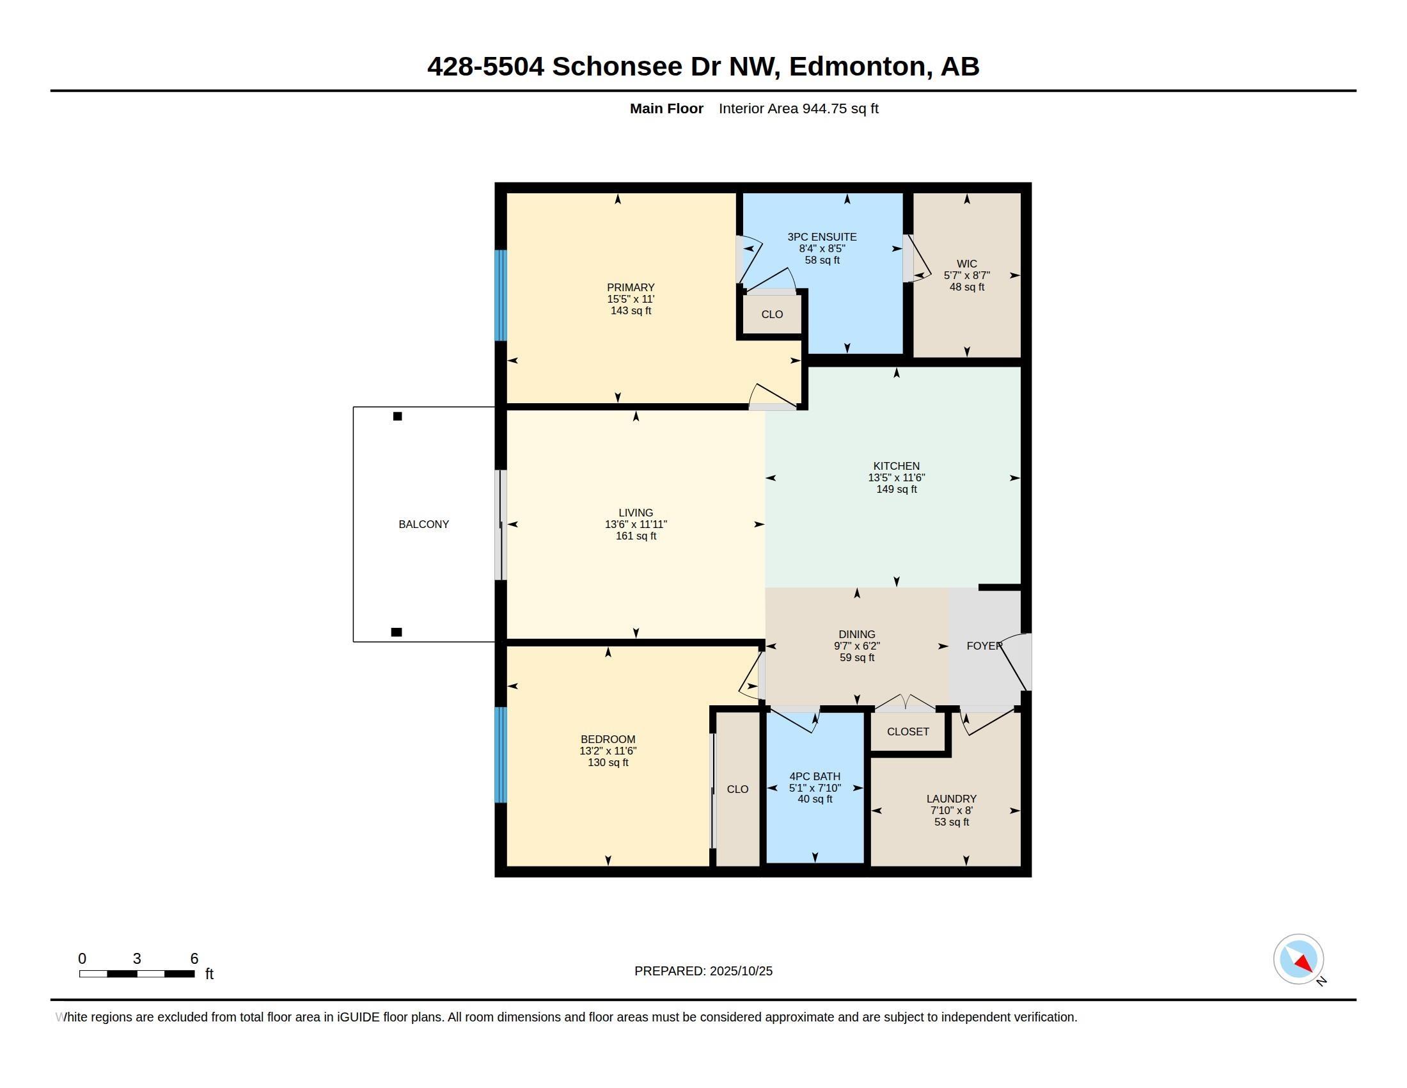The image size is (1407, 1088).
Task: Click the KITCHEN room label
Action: pos(896,466)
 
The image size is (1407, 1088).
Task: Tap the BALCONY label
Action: pos(423,524)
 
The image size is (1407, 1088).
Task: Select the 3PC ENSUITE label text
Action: pos(822,237)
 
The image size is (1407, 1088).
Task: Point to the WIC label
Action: pos(966,264)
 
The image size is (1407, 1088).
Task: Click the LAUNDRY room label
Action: pos(952,799)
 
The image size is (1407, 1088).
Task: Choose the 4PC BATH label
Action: pos(815,776)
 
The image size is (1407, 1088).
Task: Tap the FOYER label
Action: pos(984,645)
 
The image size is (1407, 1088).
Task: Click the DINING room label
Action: pos(857,634)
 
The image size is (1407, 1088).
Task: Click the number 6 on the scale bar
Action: pos(194,959)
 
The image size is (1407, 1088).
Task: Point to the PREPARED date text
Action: pos(703,971)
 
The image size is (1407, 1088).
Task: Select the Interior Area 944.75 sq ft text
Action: pos(798,108)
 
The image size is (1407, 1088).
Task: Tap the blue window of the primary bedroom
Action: pos(501,295)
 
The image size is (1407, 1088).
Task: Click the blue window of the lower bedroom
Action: pos(501,755)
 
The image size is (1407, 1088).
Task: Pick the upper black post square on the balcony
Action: pos(398,417)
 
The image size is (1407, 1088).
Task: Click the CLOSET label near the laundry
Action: pos(908,732)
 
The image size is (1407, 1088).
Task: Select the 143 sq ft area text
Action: pos(631,310)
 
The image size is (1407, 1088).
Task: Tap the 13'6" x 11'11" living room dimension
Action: pos(636,525)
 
